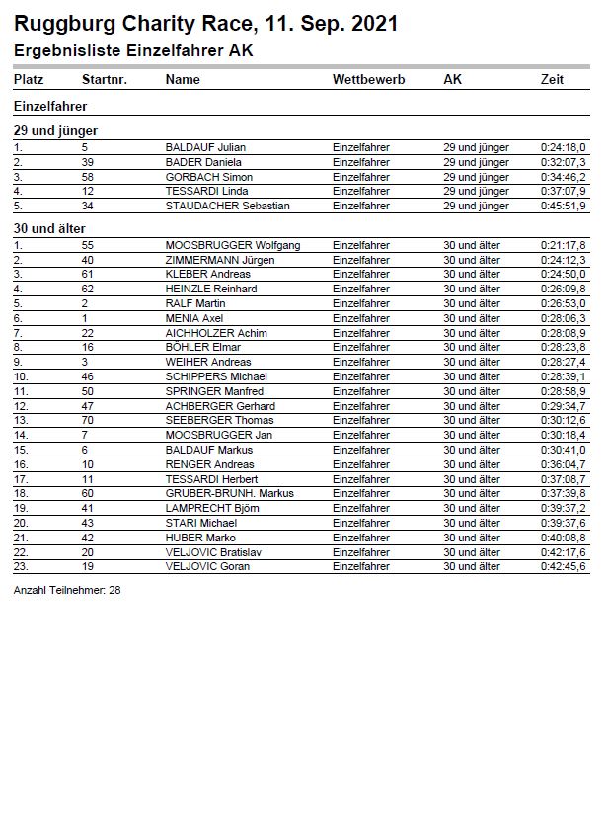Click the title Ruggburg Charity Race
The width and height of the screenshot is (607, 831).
(x=205, y=24)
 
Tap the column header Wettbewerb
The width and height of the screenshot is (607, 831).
(x=369, y=79)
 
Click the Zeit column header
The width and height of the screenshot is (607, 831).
(x=552, y=79)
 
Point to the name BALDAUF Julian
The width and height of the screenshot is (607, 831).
(x=205, y=147)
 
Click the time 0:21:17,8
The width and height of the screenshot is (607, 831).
(x=563, y=245)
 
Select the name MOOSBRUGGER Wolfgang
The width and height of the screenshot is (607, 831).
(x=233, y=245)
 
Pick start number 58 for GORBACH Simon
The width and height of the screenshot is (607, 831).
(x=87, y=177)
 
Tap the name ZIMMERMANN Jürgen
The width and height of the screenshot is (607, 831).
(x=220, y=260)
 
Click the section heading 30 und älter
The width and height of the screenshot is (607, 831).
(x=49, y=228)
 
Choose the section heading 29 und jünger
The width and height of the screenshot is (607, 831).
(x=55, y=130)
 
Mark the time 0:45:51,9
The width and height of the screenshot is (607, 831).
(x=563, y=206)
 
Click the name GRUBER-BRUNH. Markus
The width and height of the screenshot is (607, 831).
(x=229, y=493)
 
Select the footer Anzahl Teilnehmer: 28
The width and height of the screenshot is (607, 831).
(x=67, y=590)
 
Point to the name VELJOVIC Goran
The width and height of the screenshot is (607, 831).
(x=207, y=566)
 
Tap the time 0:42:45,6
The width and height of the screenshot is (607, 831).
(x=563, y=566)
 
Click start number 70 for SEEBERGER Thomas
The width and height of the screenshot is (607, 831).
(x=87, y=420)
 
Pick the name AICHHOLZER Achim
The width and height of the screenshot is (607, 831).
(x=216, y=333)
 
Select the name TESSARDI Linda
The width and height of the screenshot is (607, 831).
(x=206, y=191)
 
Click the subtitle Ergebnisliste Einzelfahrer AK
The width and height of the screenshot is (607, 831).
(x=133, y=51)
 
